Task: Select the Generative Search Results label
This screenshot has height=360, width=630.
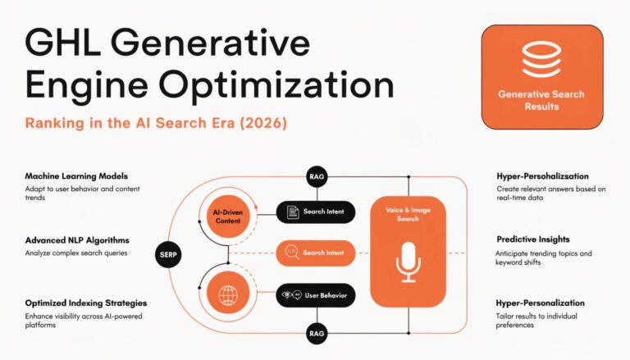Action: (541, 100)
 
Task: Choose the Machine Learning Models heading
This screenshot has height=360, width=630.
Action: (76, 176)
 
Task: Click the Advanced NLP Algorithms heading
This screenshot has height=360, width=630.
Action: (77, 240)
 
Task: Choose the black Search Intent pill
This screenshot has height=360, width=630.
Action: (316, 212)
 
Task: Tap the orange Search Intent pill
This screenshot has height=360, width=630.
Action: (316, 253)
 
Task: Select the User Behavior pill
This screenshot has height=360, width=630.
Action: (316, 294)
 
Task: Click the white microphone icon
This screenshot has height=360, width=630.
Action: (408, 261)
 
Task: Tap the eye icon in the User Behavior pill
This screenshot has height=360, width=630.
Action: (287, 294)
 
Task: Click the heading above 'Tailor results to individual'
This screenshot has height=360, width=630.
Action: (541, 303)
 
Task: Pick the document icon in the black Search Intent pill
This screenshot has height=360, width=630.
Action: (291, 212)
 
